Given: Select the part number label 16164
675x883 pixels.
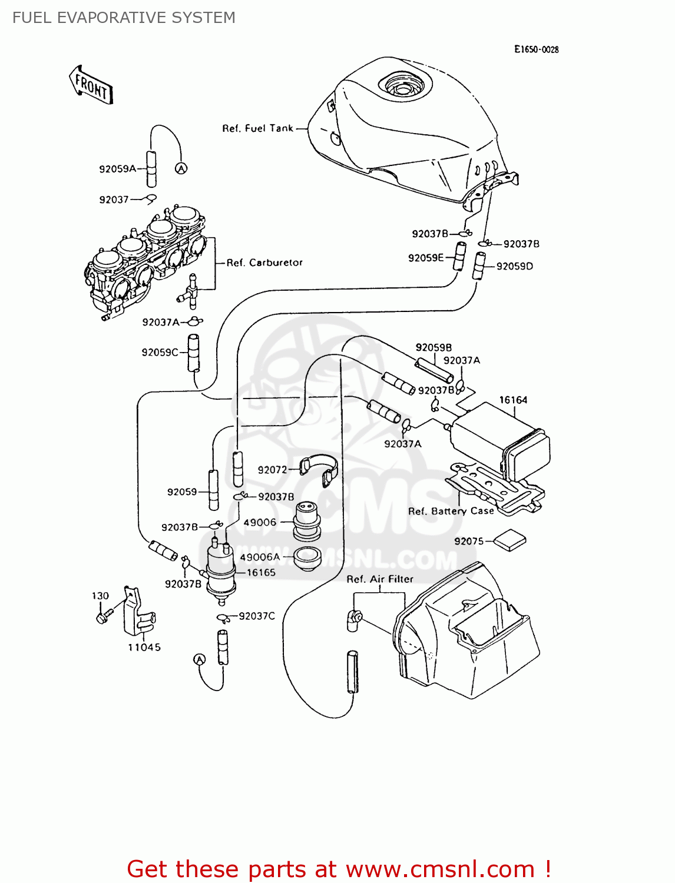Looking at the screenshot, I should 513,400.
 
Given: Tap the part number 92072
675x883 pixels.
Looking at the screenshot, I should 272,470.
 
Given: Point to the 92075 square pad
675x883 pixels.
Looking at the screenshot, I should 509,540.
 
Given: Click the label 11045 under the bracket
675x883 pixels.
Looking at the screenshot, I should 144,648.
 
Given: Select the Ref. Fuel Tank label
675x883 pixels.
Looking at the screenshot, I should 257,128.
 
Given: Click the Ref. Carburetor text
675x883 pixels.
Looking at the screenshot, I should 264,263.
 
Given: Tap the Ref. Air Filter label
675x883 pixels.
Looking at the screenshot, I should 380,579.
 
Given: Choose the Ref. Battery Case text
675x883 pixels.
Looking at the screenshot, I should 451,511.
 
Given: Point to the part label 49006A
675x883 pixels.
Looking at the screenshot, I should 260,557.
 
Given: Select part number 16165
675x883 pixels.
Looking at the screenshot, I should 261,572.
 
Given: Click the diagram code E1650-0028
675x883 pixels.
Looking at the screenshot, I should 536,49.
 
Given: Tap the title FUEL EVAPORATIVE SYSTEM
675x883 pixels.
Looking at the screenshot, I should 124,18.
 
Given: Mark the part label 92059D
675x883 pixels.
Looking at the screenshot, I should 514,266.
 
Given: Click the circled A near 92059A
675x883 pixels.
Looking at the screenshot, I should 181,168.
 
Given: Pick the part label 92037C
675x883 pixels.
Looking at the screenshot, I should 257,616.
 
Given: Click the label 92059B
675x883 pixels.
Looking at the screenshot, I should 434,348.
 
